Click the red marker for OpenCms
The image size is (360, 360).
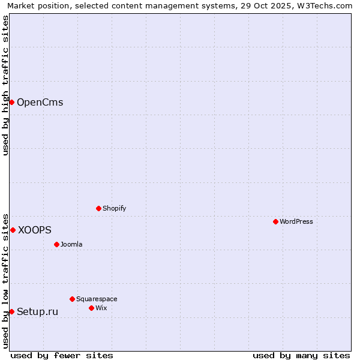coord(11,102)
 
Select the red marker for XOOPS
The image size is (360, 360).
coord(13,230)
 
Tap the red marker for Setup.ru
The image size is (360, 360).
coord(11,311)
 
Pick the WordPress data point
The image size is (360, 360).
coord(275,221)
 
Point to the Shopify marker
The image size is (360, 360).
coord(98,208)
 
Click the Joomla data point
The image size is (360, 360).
coord(56,244)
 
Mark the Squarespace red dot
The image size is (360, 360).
coord(72,299)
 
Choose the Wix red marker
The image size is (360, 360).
coord(91,308)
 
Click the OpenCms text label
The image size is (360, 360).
coord(40,102)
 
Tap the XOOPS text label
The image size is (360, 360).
coord(35,230)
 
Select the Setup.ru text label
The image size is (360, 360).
coord(37,311)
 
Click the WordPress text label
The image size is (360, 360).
coord(296,221)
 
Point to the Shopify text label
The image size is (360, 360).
coord(114,208)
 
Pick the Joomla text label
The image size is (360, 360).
coord(71,244)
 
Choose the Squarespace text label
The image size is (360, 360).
coord(97,299)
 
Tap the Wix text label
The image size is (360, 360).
coord(101,308)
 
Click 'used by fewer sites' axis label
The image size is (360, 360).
coord(62,355)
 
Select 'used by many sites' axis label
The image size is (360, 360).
coord(301,355)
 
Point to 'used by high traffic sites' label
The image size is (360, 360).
coord(5,85)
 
